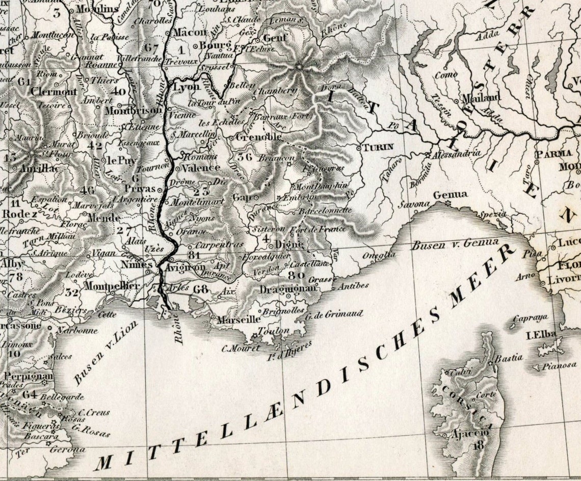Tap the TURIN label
(x=379, y=147)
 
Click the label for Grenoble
(x=258, y=138)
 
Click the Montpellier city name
(x=111, y=286)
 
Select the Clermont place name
(x=54, y=92)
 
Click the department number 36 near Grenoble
(x=245, y=156)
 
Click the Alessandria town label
(x=456, y=153)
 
